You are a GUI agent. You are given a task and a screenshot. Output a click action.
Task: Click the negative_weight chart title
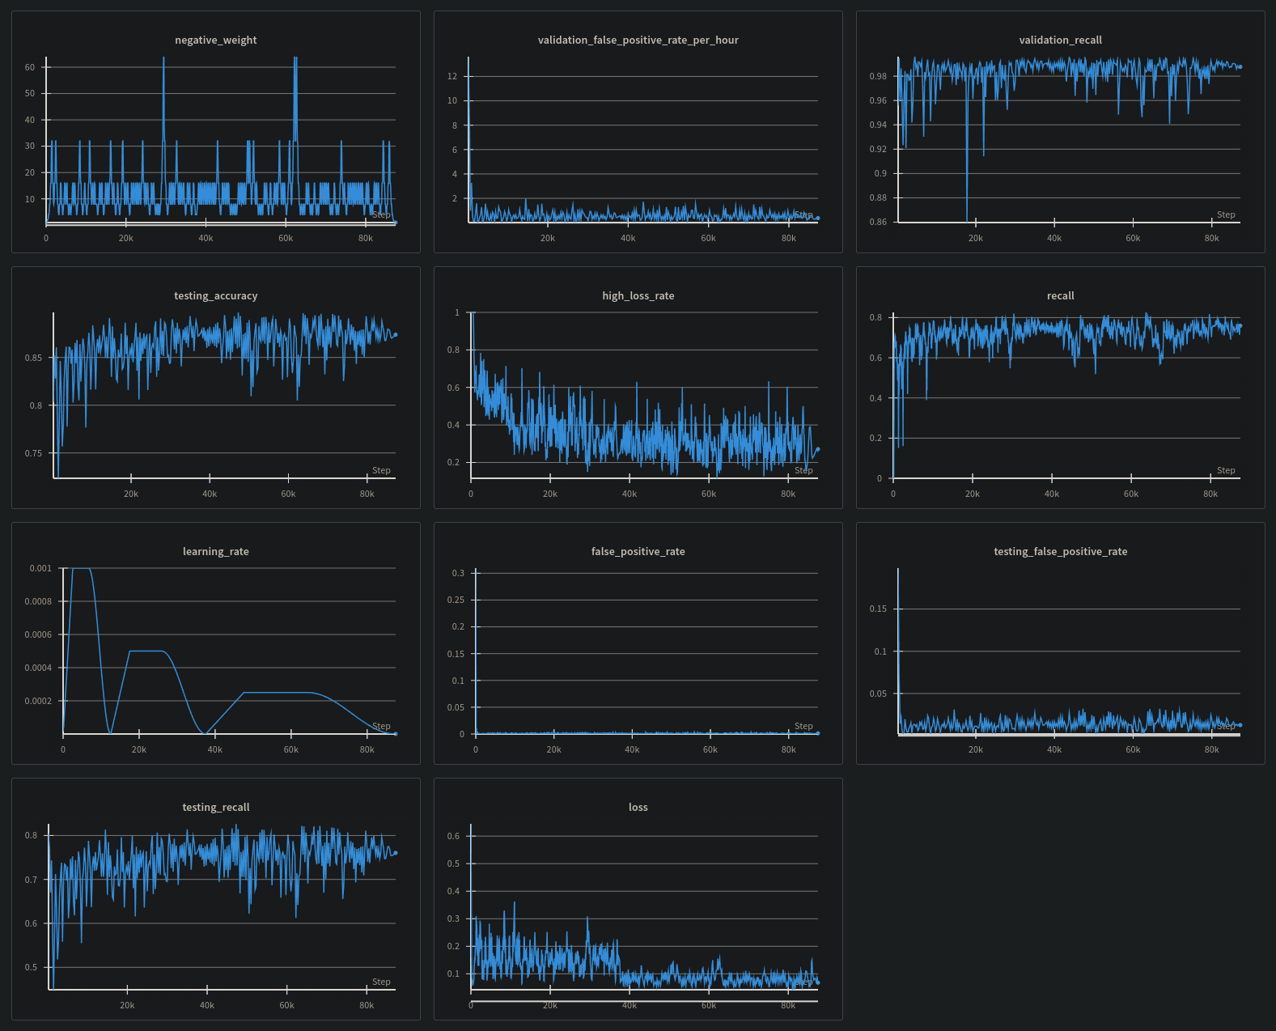coord(215,40)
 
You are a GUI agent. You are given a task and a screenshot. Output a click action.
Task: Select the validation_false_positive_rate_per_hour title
coord(638,40)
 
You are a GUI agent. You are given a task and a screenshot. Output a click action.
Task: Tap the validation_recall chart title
coord(1060,40)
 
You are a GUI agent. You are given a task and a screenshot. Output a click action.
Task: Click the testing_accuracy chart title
coord(215,296)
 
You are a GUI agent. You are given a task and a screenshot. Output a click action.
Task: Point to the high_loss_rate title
coord(638,296)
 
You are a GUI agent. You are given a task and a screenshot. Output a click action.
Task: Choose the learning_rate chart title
coord(215,552)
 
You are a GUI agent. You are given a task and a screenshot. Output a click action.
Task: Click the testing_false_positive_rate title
coord(1060,552)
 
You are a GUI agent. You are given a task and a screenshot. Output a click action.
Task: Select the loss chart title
coord(638,808)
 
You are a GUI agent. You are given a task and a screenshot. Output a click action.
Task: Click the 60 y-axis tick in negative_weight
coord(30,67)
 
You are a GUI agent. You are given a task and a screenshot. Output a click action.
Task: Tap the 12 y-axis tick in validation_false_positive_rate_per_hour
coord(452,76)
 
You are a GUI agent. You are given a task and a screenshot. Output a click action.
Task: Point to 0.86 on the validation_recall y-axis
coord(878,222)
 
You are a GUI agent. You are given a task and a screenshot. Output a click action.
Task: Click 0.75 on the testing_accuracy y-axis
coord(33,453)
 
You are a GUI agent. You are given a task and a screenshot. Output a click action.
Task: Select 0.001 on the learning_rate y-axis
coord(40,568)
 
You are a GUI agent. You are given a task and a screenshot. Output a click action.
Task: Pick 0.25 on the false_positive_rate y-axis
coord(456,600)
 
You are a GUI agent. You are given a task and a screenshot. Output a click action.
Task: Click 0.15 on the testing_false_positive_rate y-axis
coord(878,609)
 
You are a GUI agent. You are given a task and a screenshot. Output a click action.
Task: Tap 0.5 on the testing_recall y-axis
coord(31,967)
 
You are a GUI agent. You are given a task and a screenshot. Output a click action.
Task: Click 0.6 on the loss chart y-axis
coord(453,836)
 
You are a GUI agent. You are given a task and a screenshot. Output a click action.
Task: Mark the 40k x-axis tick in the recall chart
coord(1051,494)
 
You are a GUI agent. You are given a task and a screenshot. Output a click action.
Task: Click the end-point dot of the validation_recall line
coord(1240,67)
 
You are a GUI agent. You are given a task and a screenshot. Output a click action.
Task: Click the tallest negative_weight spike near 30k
coord(163,59)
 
